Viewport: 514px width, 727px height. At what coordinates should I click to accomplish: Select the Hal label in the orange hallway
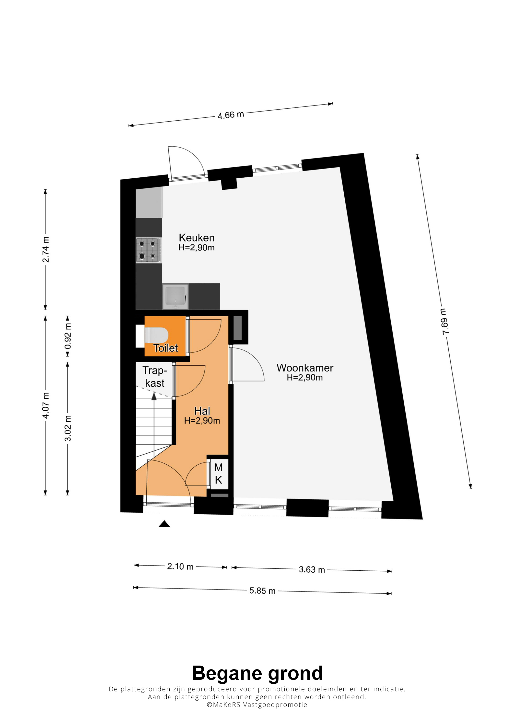(x=202, y=411)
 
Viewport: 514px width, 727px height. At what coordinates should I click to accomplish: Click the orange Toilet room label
(x=166, y=348)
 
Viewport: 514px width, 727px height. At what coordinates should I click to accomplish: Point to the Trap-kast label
(x=154, y=377)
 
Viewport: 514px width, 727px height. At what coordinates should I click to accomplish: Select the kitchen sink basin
(x=175, y=296)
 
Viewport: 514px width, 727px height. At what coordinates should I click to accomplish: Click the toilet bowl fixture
(x=156, y=335)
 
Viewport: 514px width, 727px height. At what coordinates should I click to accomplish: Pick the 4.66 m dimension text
(x=231, y=115)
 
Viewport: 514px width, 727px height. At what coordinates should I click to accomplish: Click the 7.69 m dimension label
(x=445, y=321)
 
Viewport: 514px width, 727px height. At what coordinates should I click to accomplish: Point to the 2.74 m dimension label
(x=46, y=250)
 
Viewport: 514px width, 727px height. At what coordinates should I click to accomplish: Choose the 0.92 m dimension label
(x=68, y=336)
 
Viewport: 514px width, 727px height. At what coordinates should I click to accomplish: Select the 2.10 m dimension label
(x=180, y=566)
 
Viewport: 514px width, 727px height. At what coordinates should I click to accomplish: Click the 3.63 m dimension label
(x=312, y=570)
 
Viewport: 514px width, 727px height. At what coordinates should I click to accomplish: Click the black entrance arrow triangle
(x=164, y=524)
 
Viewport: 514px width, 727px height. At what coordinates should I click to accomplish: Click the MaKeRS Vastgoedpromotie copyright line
(x=257, y=705)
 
